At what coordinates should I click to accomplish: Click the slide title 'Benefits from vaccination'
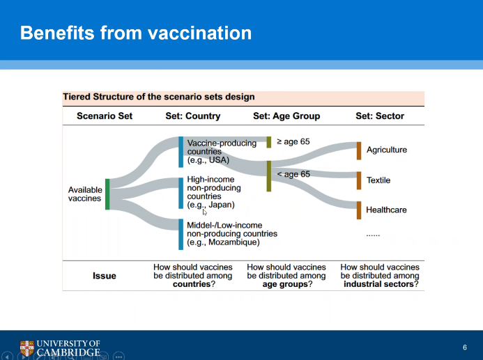[136, 33]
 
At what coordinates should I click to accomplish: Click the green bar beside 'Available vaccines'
[107, 194]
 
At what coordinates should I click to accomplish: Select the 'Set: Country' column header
[192, 116]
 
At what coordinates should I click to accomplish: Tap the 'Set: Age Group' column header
[286, 116]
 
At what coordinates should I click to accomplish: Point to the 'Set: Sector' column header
[379, 116]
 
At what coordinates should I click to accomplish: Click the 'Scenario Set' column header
[105, 116]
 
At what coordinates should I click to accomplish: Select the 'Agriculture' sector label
[386, 150]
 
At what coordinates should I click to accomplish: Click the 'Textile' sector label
[378, 180]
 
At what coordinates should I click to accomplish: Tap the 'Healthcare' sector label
[386, 210]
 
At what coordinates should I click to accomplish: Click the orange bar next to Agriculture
[359, 150]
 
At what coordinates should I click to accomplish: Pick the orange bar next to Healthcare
[359, 210]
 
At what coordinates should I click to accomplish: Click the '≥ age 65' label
[293, 142]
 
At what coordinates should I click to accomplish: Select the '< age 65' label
[293, 174]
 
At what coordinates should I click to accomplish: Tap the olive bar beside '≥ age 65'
[269, 142]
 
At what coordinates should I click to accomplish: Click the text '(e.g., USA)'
[208, 159]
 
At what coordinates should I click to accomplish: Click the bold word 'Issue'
[105, 276]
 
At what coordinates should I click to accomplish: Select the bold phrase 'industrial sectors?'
[381, 284]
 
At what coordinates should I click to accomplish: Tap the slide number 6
[465, 347]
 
